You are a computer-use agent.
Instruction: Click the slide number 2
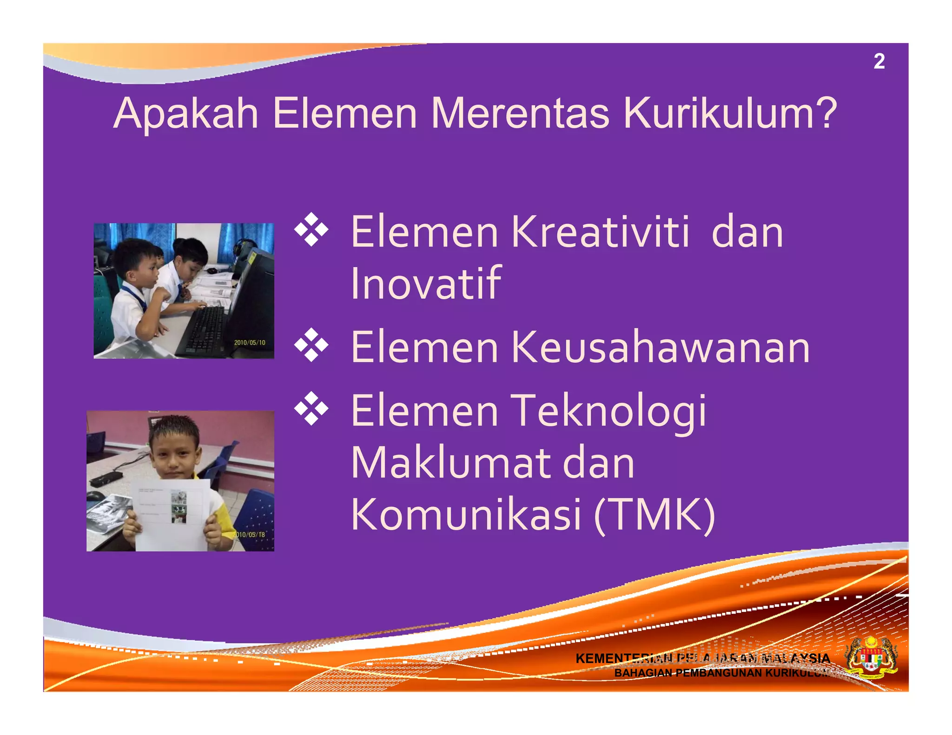click(x=879, y=62)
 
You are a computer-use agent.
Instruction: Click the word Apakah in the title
click(x=185, y=114)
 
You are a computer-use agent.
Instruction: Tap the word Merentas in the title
click(x=519, y=114)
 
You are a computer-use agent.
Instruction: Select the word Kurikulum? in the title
click(x=729, y=114)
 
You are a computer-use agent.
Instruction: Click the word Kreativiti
click(x=600, y=232)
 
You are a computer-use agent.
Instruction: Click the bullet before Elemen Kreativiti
click(x=311, y=230)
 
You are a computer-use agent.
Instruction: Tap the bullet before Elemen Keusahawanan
click(x=311, y=345)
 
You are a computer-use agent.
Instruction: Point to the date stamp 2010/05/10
click(x=250, y=343)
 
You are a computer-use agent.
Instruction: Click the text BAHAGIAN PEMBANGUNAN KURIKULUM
click(x=721, y=673)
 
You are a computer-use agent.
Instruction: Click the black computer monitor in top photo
click(x=253, y=297)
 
